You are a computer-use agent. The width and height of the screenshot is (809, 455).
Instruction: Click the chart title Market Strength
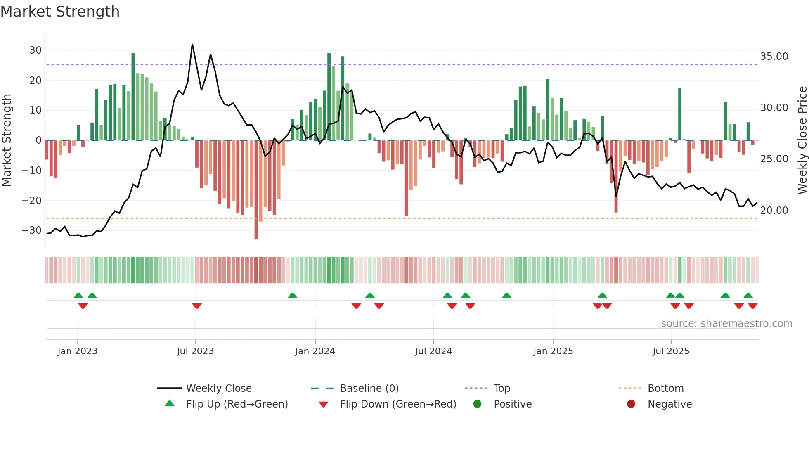[x=60, y=12]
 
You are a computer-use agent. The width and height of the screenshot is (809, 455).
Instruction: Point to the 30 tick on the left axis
[x=35, y=50]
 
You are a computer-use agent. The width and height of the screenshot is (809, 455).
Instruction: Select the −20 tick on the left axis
[x=32, y=201]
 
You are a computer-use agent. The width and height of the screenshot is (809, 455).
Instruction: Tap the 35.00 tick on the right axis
[x=774, y=57]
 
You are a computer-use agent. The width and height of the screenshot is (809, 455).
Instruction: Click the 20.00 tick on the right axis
[x=774, y=211]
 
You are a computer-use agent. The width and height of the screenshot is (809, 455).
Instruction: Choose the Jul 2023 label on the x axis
[x=195, y=351]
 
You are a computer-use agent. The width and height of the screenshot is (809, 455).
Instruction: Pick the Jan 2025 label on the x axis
[x=553, y=351]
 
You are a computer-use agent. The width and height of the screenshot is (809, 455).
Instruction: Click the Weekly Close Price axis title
[x=802, y=140]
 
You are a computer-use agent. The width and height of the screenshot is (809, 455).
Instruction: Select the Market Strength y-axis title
[x=7, y=140]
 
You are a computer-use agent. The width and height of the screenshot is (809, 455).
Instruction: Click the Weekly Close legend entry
[x=218, y=389]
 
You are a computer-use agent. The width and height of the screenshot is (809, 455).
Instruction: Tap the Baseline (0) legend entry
[x=369, y=389]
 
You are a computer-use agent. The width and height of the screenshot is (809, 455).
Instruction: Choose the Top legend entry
[x=501, y=389]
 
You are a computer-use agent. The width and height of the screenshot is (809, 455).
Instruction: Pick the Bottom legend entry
[x=665, y=389]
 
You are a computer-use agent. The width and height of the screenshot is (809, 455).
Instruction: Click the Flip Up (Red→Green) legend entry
[x=237, y=404]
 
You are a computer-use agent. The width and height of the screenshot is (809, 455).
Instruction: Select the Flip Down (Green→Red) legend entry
[x=398, y=404]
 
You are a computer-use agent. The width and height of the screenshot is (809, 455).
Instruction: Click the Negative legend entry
[x=669, y=404]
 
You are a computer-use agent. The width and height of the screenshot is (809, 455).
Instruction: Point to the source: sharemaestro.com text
[x=726, y=324]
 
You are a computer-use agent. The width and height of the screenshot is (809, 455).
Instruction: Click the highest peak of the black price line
[x=192, y=45]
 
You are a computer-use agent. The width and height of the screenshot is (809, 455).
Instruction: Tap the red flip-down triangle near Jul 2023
[x=197, y=306]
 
